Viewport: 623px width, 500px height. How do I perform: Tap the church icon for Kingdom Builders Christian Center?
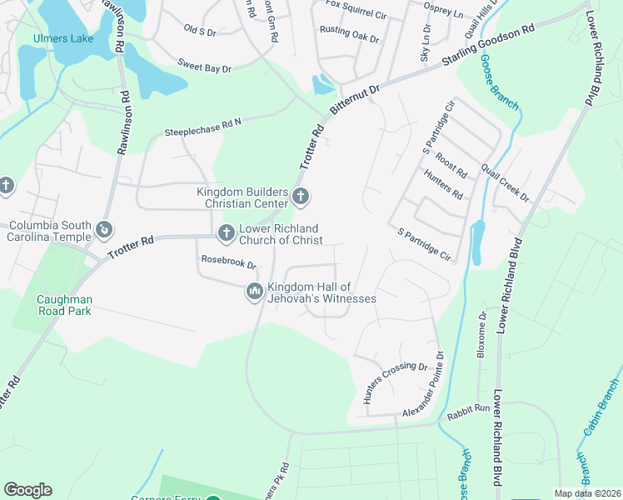coord(301,197)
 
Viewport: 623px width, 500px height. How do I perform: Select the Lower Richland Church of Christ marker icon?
coord(226,233)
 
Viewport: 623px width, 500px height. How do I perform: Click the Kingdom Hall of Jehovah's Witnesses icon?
coord(254,291)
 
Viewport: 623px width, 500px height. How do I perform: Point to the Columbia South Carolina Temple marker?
coord(104,228)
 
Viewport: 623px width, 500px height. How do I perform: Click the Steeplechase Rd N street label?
coord(202,126)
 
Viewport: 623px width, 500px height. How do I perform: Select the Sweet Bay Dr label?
coord(204,65)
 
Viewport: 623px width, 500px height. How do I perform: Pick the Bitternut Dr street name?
coord(354,98)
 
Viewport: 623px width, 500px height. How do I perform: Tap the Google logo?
coord(27,490)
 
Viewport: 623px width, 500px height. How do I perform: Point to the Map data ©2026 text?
coord(587,493)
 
